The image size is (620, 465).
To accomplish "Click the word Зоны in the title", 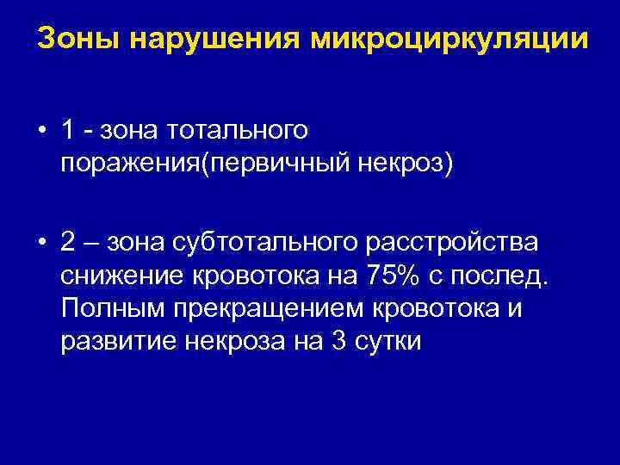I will click(67, 39).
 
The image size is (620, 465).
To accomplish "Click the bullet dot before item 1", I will click(41, 130).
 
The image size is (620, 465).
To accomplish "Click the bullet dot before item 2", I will click(41, 243).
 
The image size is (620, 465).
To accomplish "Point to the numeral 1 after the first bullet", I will click(67, 129).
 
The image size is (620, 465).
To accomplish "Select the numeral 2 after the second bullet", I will click(68, 242).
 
